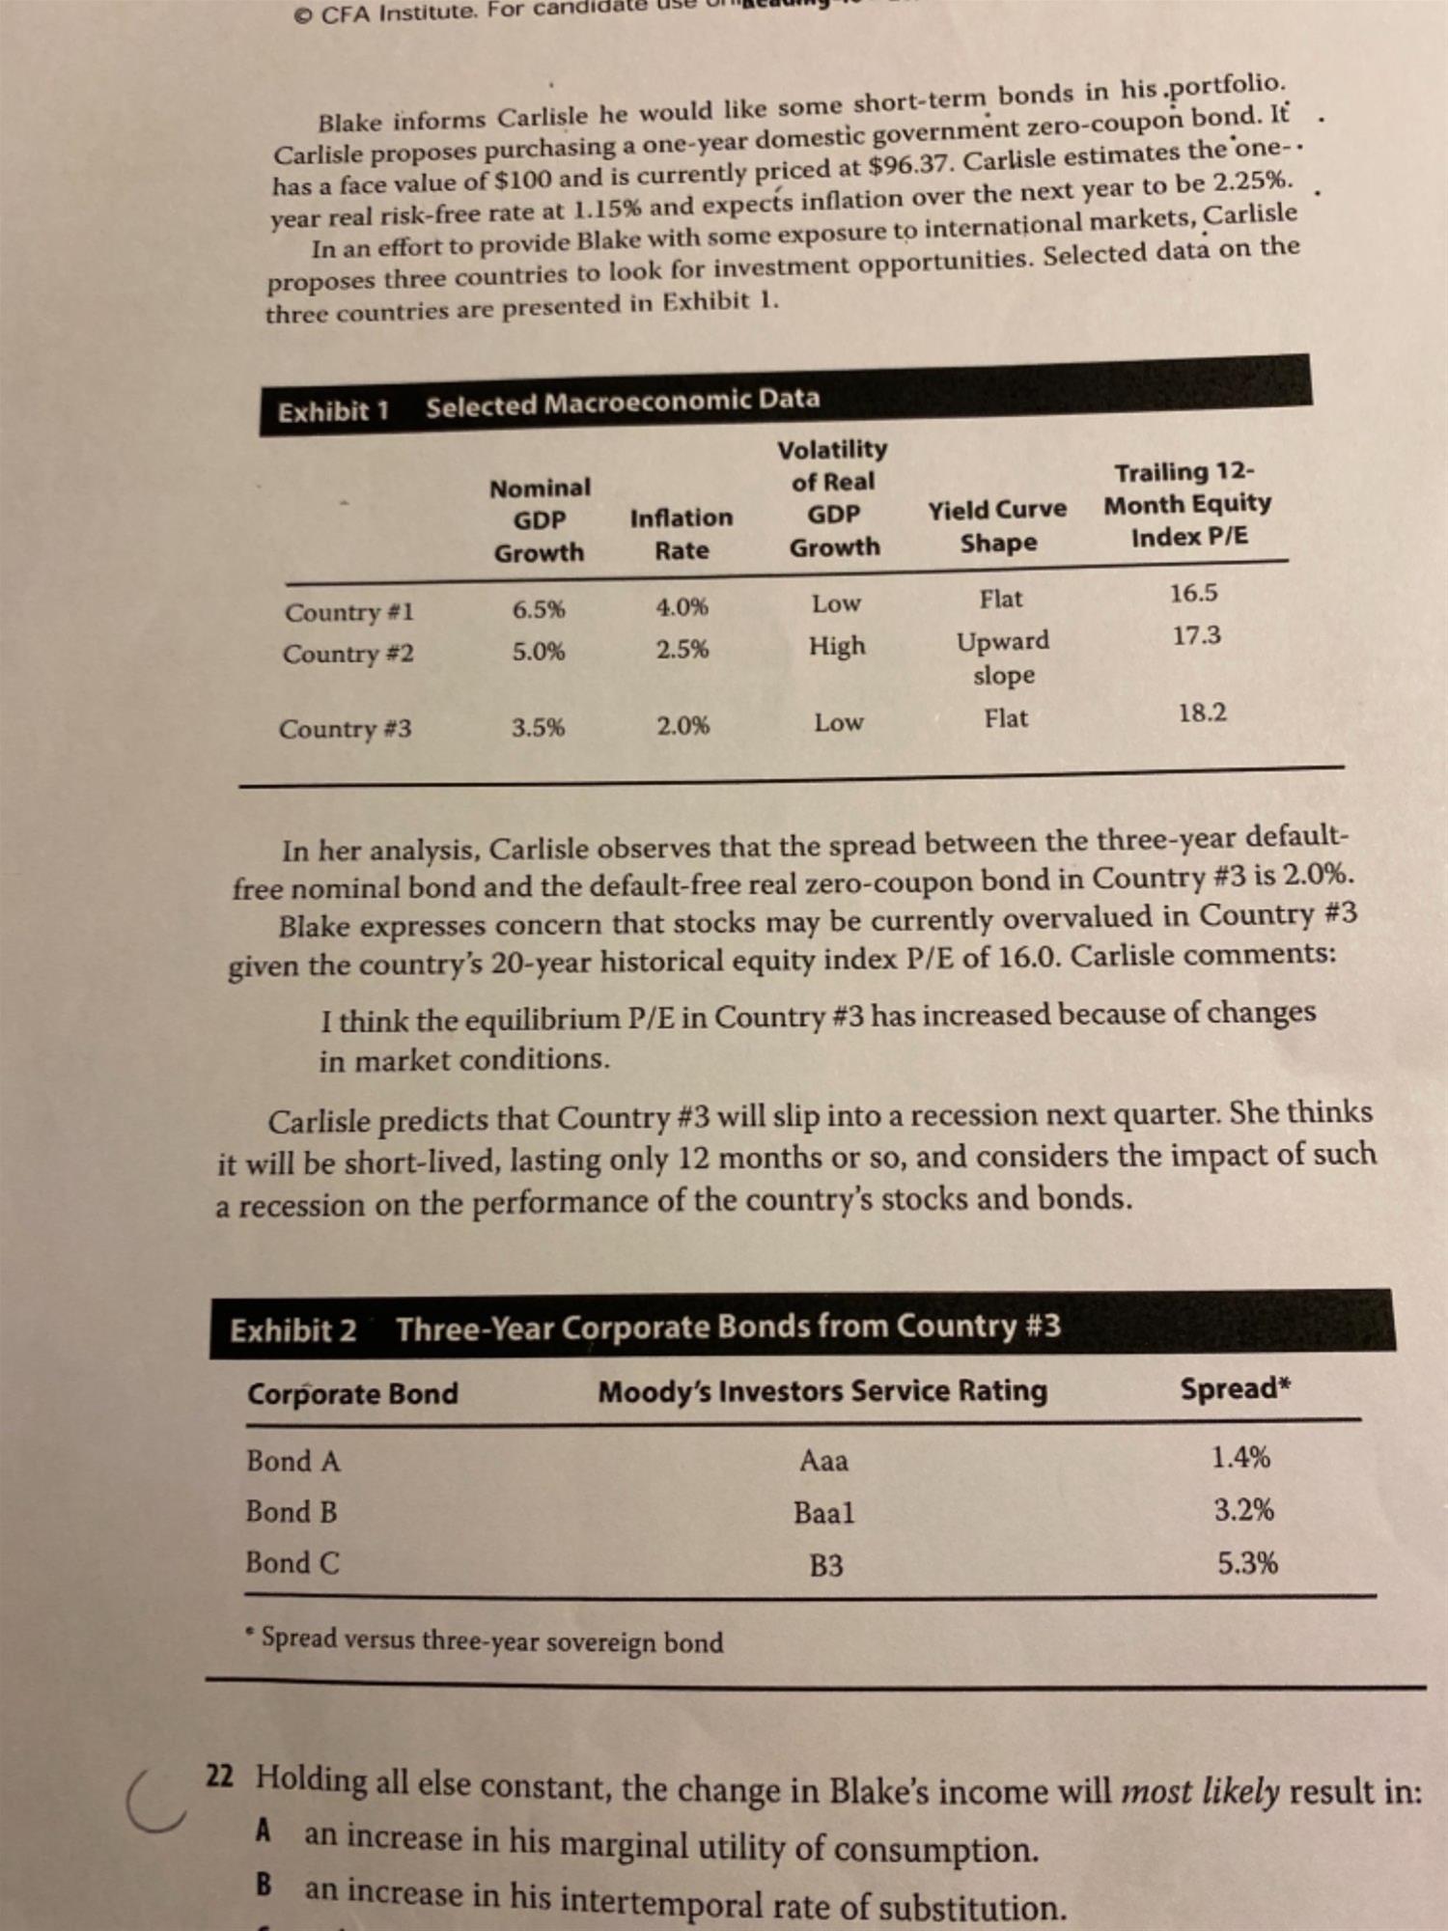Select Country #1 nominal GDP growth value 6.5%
(539, 609)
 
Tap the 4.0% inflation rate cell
(682, 607)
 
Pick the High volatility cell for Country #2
(837, 645)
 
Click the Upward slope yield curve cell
(1003, 657)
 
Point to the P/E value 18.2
(1202, 714)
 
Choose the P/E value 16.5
(1194, 593)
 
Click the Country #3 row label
(345, 728)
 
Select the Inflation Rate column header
(682, 533)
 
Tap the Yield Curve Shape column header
(998, 525)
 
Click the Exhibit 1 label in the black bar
(333, 411)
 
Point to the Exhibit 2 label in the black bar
(292, 1330)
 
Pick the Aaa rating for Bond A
(823, 1461)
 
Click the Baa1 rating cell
(823, 1512)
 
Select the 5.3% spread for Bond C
(1247, 1563)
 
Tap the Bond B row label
(291, 1511)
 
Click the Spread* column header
(1235, 1389)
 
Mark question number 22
(220, 1776)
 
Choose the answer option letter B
(264, 1884)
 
